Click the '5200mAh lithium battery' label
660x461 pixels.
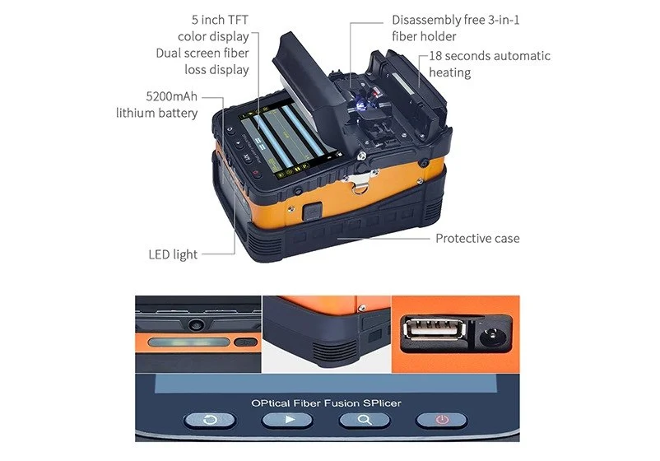[156, 105]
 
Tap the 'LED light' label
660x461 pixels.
[173, 254]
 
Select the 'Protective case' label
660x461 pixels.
[477, 238]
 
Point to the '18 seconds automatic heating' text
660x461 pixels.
[490, 64]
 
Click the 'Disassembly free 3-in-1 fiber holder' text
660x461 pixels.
[455, 28]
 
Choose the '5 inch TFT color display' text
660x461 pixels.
[213, 28]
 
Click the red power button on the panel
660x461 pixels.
[442, 420]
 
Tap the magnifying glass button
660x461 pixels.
[365, 420]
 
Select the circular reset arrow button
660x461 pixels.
[210, 420]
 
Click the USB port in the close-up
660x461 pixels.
[435, 329]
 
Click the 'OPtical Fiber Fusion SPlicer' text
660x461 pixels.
[326, 403]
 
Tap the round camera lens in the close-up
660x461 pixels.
[196, 324]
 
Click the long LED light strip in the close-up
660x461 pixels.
[189, 342]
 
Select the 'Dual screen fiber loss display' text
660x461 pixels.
[202, 61]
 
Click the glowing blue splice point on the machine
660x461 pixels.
[360, 102]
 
